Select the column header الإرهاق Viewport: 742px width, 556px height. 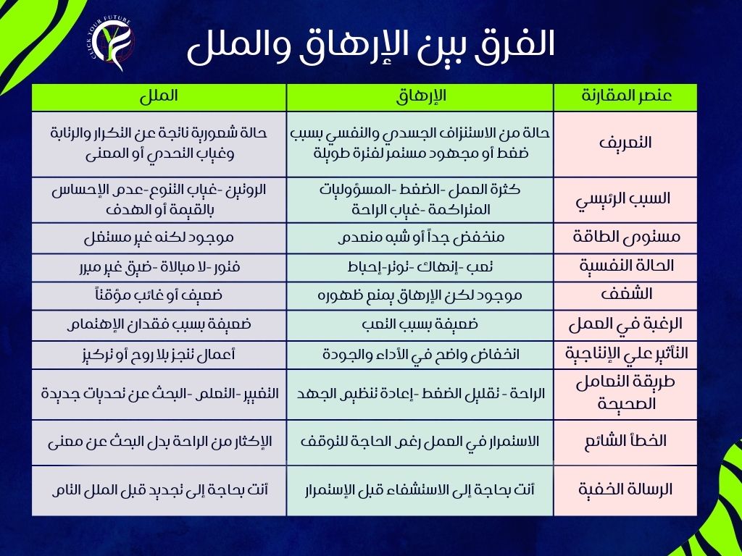(x=420, y=97)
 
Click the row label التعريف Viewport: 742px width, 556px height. (x=625, y=143)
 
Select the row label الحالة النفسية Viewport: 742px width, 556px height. (x=625, y=266)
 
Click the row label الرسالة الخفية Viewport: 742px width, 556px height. (x=625, y=489)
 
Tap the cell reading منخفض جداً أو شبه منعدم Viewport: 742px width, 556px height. (x=420, y=237)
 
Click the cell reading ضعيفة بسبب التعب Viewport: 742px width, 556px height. (x=420, y=325)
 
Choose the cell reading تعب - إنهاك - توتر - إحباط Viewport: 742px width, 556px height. (x=420, y=267)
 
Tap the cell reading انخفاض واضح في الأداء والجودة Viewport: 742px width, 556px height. (x=420, y=355)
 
